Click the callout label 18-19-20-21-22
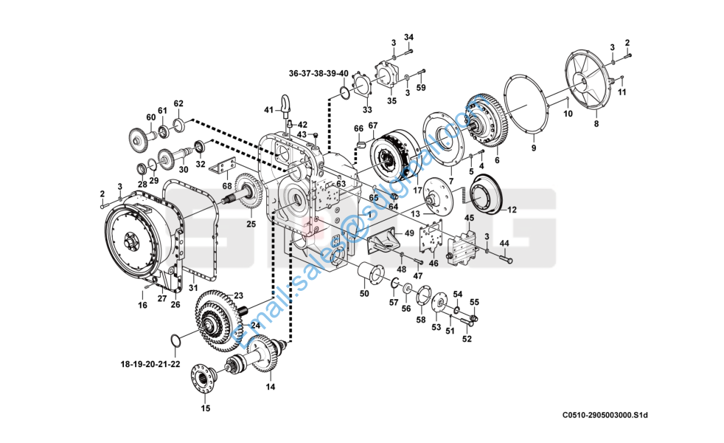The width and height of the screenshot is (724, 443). [x=150, y=364]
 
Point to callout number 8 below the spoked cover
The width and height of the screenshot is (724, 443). [x=596, y=124]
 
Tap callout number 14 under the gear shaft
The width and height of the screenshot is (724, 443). [x=270, y=386]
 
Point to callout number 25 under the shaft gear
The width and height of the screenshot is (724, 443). [x=251, y=224]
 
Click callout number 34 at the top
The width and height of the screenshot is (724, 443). [x=408, y=37]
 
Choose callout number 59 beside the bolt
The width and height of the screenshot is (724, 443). [x=421, y=88]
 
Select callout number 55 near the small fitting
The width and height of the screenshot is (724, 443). [x=474, y=302]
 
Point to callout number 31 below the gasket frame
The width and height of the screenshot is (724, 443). [x=193, y=287]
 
